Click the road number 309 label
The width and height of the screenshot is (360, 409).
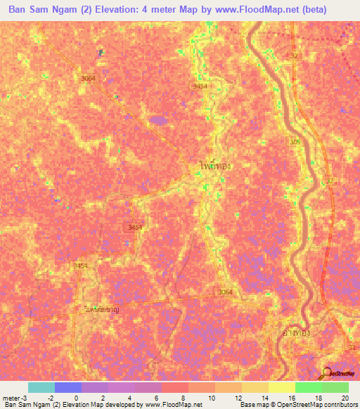(x=295, y=143)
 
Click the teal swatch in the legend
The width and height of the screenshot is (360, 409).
(x=41, y=387)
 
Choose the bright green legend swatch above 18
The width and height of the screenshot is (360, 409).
(x=308, y=387)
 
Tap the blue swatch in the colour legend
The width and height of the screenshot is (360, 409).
(x=68, y=387)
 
